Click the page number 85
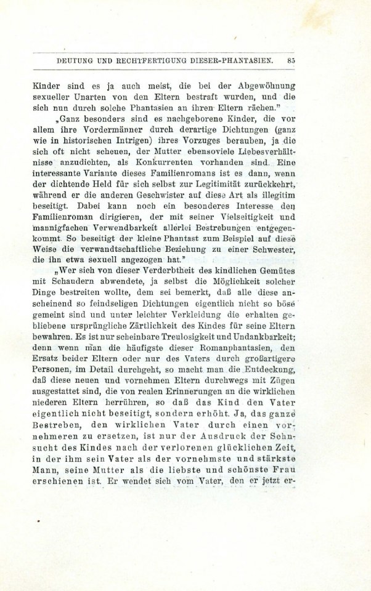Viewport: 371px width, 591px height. point(291,61)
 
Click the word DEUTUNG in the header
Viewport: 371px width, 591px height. point(76,61)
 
